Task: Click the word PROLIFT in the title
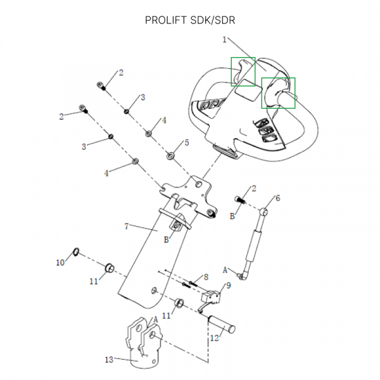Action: [167, 20]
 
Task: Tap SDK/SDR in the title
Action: [213, 20]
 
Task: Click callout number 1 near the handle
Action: [224, 39]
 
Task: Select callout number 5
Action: [186, 142]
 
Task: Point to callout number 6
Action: [277, 198]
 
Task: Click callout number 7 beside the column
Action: [127, 225]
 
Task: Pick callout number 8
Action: [206, 277]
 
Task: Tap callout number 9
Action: [228, 286]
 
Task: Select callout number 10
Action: [61, 262]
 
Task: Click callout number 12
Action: [214, 339]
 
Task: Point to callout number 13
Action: [108, 360]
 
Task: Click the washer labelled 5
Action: [170, 155]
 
